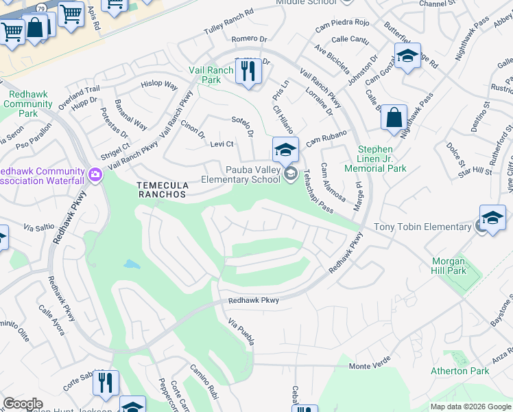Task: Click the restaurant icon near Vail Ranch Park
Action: pos(248,71)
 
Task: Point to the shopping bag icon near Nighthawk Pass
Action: pos(394,117)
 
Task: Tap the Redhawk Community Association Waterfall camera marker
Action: pos(95,176)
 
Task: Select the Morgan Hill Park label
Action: pos(449,266)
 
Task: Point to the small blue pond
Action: pos(130,264)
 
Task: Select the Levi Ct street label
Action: pos(222,144)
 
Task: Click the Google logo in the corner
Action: pos(23,404)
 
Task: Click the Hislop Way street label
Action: pos(159,84)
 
